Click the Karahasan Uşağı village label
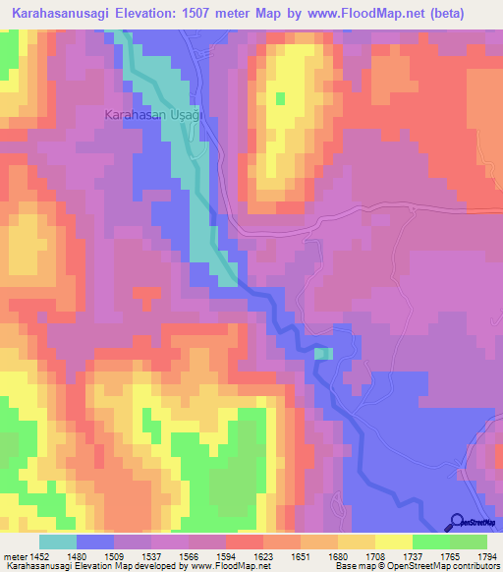tap(152, 115)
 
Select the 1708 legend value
tap(374, 556)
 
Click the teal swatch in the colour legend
tap(58, 542)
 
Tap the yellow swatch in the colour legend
tap(393, 542)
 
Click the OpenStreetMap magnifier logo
tap(458, 523)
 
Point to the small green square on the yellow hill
tap(280, 98)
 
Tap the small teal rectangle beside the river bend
tap(324, 354)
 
